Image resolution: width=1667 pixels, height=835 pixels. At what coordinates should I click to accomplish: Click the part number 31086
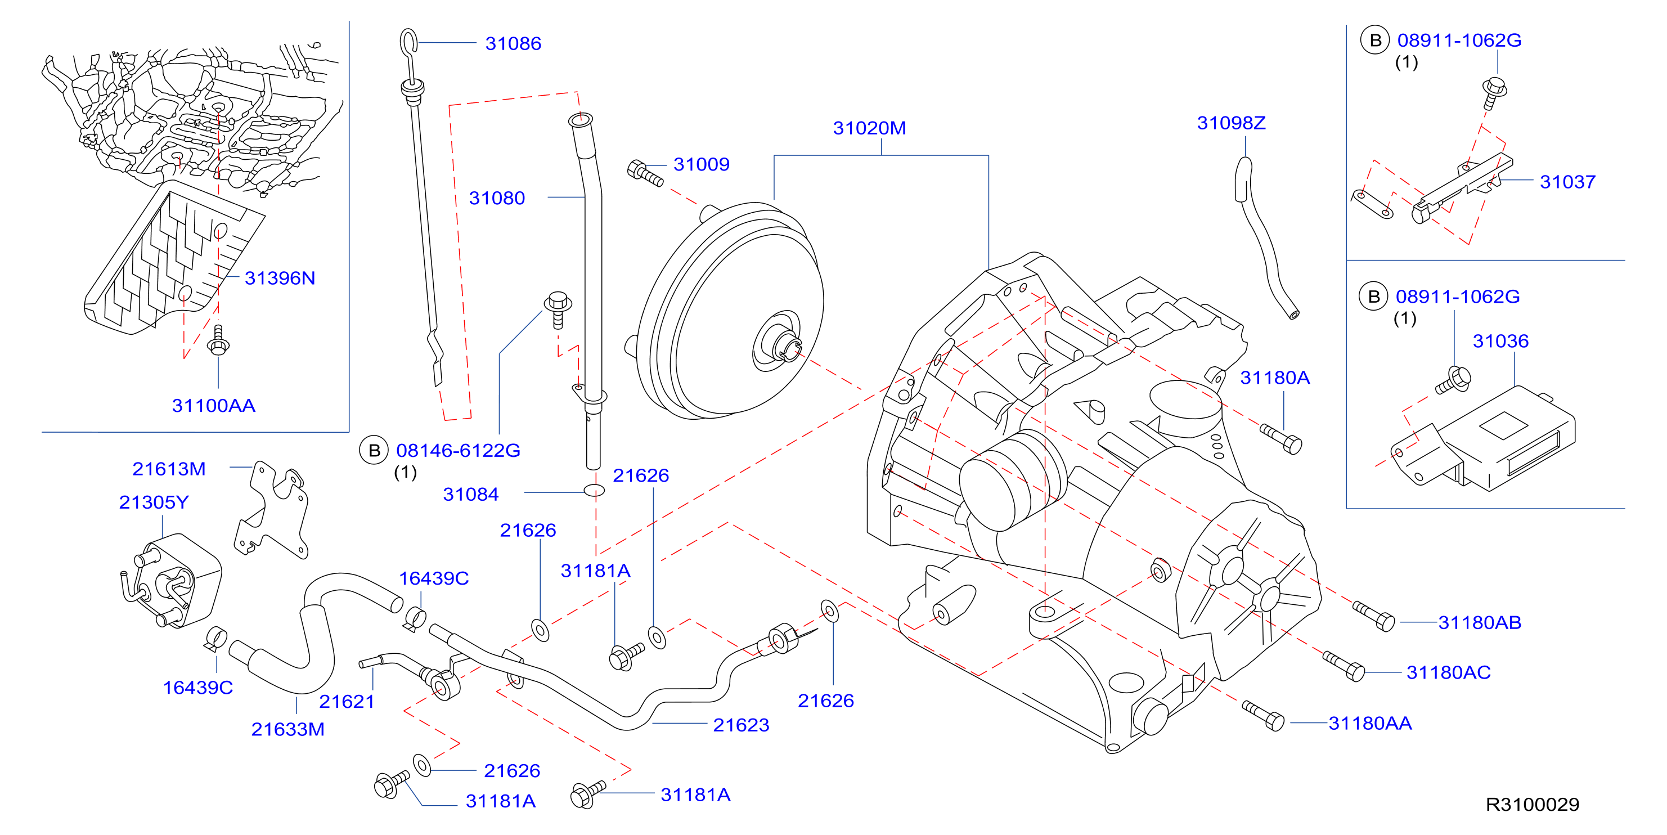(x=513, y=43)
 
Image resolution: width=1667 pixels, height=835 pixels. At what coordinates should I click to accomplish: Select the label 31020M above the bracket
(x=869, y=128)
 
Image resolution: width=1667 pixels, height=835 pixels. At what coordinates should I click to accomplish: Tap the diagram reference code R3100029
(x=1533, y=805)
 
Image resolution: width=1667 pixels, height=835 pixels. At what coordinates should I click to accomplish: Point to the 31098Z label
(x=1231, y=123)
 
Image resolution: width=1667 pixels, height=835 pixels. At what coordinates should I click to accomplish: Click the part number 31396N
(x=280, y=279)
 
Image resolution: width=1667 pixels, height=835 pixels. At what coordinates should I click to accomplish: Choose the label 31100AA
(x=214, y=406)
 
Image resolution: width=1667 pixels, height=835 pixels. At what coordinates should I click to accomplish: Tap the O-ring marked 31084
(x=594, y=491)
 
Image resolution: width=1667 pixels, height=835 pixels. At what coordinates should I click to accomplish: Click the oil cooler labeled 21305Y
(x=172, y=581)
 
